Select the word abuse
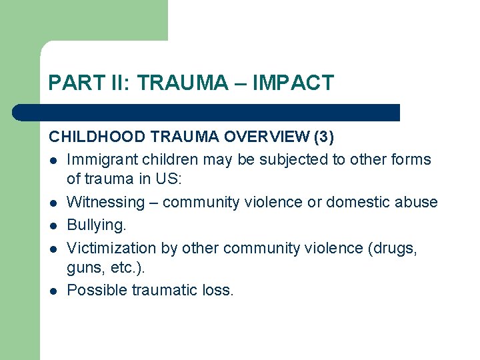pos(418,202)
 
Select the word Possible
pos(95,290)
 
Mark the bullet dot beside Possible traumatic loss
pos(52,291)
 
